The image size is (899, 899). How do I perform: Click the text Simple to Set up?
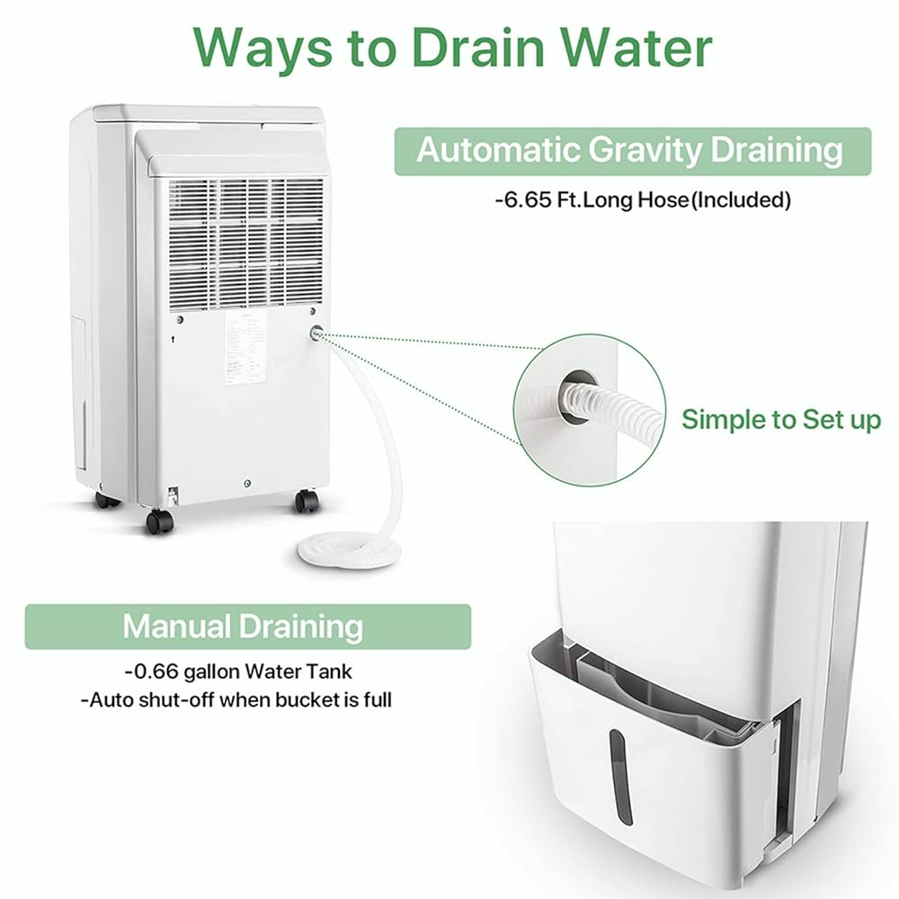coord(780,420)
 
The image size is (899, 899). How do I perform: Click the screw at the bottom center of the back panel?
coord(246,483)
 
